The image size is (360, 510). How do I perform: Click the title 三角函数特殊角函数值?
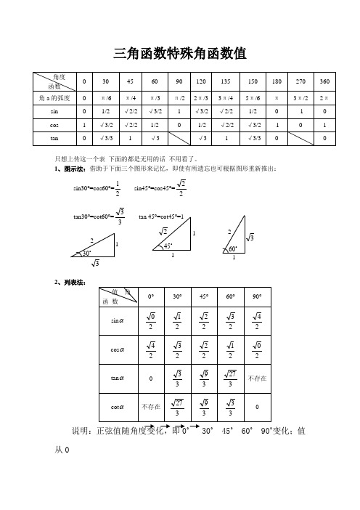[x=179, y=52]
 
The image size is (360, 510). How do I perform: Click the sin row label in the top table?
[x=54, y=111]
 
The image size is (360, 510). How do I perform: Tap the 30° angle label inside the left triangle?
[x=86, y=254]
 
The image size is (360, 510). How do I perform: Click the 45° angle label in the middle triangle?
[x=167, y=246]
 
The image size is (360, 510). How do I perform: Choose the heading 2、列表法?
[x=71, y=281]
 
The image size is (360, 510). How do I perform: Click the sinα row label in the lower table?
[x=115, y=319]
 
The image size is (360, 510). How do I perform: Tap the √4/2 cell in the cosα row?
[x=150, y=349]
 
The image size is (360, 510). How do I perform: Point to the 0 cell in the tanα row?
[x=150, y=378]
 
